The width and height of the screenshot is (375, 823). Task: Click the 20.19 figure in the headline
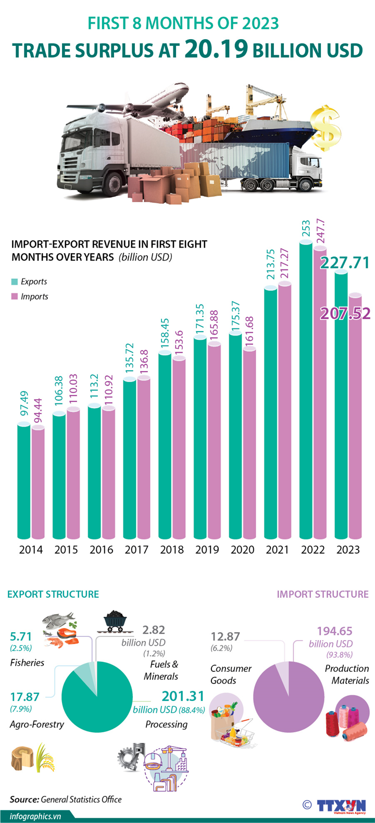click(x=216, y=49)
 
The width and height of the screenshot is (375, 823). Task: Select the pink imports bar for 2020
click(x=249, y=443)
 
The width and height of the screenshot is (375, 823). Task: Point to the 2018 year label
click(x=172, y=549)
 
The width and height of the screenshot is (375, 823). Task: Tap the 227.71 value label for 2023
click(x=344, y=263)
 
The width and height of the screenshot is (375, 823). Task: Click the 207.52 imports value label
click(x=345, y=313)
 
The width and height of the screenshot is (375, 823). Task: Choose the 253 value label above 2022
click(x=306, y=229)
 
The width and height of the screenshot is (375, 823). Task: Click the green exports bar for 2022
click(x=306, y=391)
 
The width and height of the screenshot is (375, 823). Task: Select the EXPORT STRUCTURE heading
click(x=53, y=594)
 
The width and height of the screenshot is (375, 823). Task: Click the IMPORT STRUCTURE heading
click(x=322, y=594)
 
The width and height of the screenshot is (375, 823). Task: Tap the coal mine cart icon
click(x=115, y=621)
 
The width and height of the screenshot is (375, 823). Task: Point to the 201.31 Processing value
click(x=183, y=696)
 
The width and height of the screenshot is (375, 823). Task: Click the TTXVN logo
click(x=341, y=805)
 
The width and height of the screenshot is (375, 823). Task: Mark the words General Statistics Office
click(x=81, y=799)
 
